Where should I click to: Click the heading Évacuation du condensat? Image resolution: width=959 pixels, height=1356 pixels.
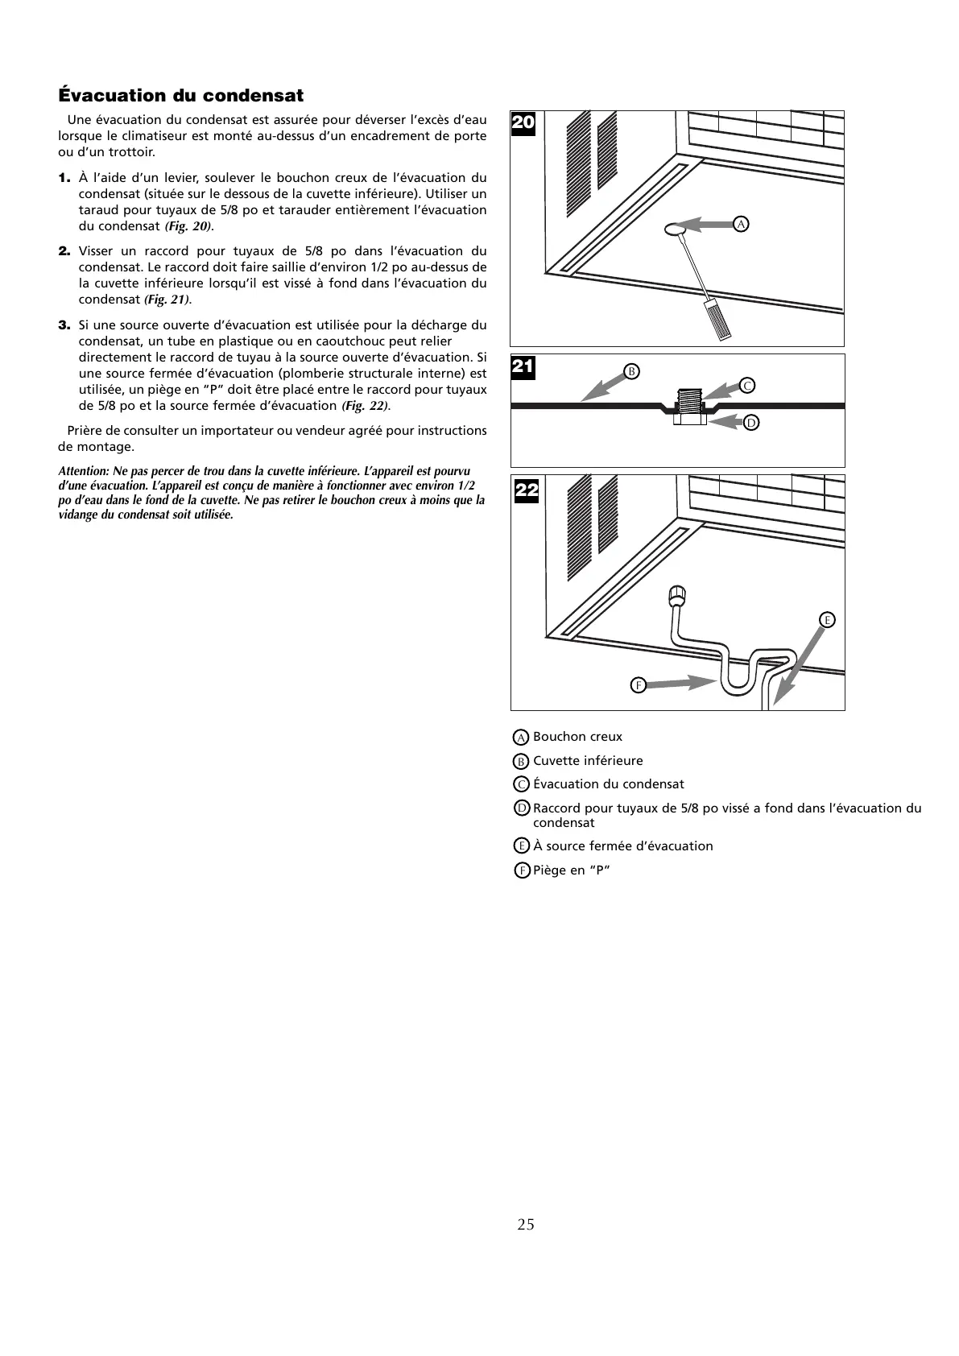click(181, 96)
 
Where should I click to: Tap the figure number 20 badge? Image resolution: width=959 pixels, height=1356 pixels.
click(523, 123)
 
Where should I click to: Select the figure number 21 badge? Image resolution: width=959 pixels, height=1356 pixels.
click(523, 367)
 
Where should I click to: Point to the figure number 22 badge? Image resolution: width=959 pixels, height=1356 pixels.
click(526, 490)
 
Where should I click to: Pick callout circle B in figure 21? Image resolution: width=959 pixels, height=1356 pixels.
click(632, 371)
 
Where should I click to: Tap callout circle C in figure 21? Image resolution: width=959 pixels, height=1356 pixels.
click(747, 386)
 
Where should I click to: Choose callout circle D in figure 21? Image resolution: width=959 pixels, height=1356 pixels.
click(750, 422)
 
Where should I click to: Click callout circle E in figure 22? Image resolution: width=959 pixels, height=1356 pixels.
click(827, 619)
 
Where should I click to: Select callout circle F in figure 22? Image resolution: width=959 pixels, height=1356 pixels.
click(637, 685)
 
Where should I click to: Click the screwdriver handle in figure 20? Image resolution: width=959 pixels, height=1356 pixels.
click(717, 318)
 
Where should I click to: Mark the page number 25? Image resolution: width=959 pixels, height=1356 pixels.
click(525, 1225)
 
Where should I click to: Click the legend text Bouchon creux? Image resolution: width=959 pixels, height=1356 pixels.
click(577, 737)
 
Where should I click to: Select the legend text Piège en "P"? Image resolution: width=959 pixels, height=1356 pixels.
click(572, 870)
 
